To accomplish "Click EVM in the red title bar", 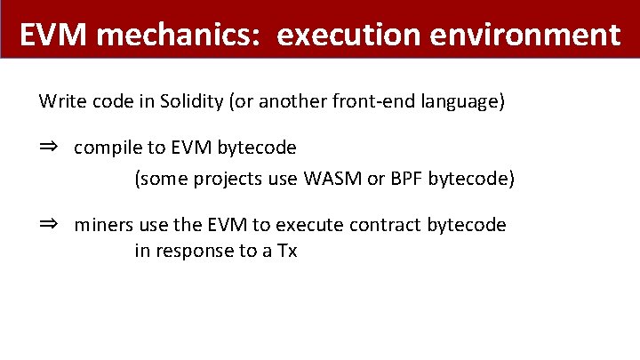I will pyautogui.click(x=52, y=35).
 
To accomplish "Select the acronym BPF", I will pyautogui.click(x=404, y=179).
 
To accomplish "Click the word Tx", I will pyautogui.click(x=286, y=251).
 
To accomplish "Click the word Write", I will pyautogui.click(x=60, y=101).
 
